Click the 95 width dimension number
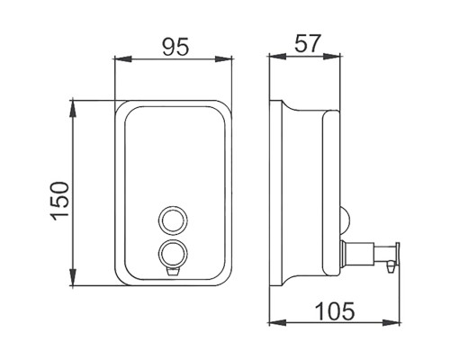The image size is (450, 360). tap(175, 47)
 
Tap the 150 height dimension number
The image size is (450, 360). tap(59, 201)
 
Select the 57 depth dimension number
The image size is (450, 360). tap(308, 44)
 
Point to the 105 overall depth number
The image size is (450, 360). tap(335, 311)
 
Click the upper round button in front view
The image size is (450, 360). tap(172, 220)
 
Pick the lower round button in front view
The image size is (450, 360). tap(172, 254)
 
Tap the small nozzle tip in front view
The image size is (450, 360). tap(172, 272)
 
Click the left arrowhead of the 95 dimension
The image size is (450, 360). tap(123, 58)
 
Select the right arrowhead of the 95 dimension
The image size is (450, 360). tap(224, 58)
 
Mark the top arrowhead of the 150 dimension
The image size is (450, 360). tap(73, 109)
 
